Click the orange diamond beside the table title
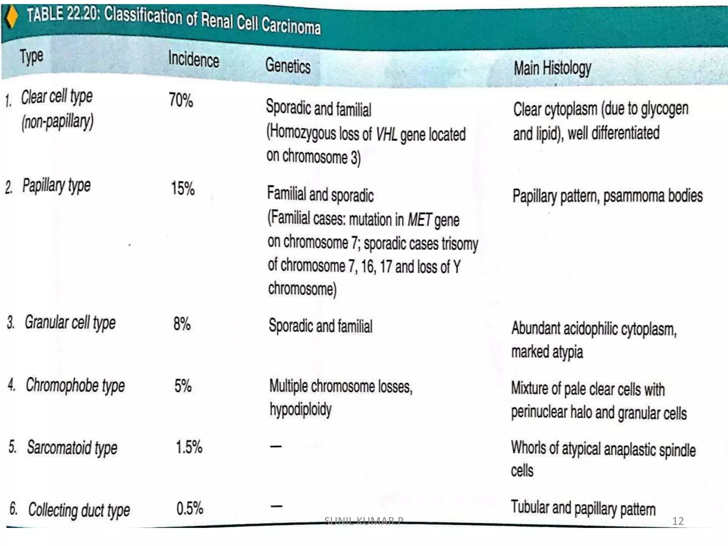click(x=11, y=17)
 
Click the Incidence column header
click(x=193, y=59)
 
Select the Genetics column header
click(x=288, y=66)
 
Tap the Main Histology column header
click(x=552, y=68)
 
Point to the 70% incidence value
click(x=181, y=100)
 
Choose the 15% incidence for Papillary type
click(x=183, y=188)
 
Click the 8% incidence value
click(x=182, y=323)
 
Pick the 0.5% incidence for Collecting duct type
click(x=189, y=508)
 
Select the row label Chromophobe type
click(x=75, y=386)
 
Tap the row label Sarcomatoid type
click(x=72, y=448)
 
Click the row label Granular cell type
click(x=70, y=323)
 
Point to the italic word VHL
click(x=386, y=135)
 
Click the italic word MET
click(x=419, y=219)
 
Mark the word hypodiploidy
click(x=300, y=409)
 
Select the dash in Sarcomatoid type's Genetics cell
click(x=276, y=446)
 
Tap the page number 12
click(x=678, y=521)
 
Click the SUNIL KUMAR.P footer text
click(x=364, y=521)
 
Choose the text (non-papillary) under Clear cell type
click(x=58, y=122)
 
